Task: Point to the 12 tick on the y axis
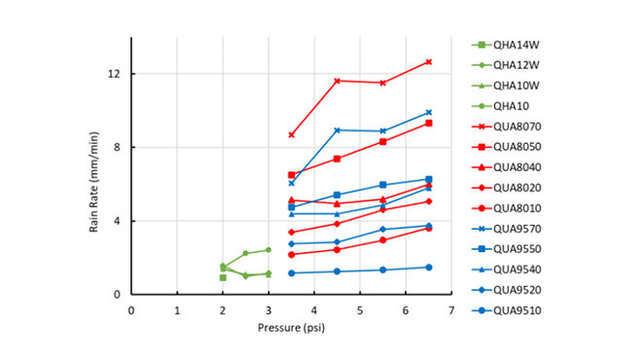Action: click(x=114, y=74)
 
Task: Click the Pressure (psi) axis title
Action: click(x=291, y=329)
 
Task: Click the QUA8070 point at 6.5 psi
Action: click(x=428, y=62)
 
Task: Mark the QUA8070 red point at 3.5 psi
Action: click(x=291, y=135)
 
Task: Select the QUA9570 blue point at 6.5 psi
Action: click(x=428, y=113)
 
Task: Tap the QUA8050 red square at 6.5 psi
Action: click(x=428, y=124)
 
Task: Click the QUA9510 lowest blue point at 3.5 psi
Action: click(x=291, y=273)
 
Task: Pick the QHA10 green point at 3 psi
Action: click(x=268, y=250)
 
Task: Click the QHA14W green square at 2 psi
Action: click(x=223, y=277)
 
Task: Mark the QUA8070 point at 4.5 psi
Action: click(x=337, y=81)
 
